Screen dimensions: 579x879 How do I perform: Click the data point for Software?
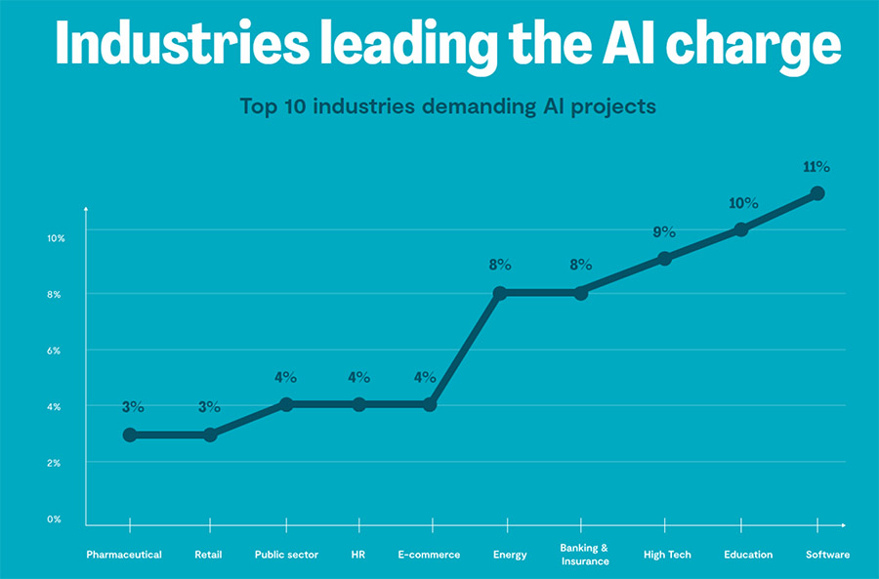pos(817,193)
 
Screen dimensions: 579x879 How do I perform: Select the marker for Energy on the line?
pos(500,293)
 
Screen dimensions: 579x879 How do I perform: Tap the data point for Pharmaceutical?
pos(130,434)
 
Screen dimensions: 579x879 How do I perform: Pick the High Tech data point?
pos(665,259)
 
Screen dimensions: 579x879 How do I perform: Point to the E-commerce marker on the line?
pos(430,404)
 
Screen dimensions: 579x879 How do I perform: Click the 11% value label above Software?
pos(816,167)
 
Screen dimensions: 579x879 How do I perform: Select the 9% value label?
pos(664,232)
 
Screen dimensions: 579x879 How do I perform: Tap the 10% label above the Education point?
pos(742,203)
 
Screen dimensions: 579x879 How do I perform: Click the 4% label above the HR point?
pos(359,378)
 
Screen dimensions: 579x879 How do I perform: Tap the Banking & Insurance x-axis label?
pos(584,555)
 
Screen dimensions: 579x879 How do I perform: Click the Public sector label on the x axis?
pos(286,555)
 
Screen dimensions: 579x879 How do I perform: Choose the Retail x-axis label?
pos(208,555)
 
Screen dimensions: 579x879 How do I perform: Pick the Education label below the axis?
pos(748,555)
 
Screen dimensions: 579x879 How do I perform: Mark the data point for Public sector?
pos(286,404)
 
